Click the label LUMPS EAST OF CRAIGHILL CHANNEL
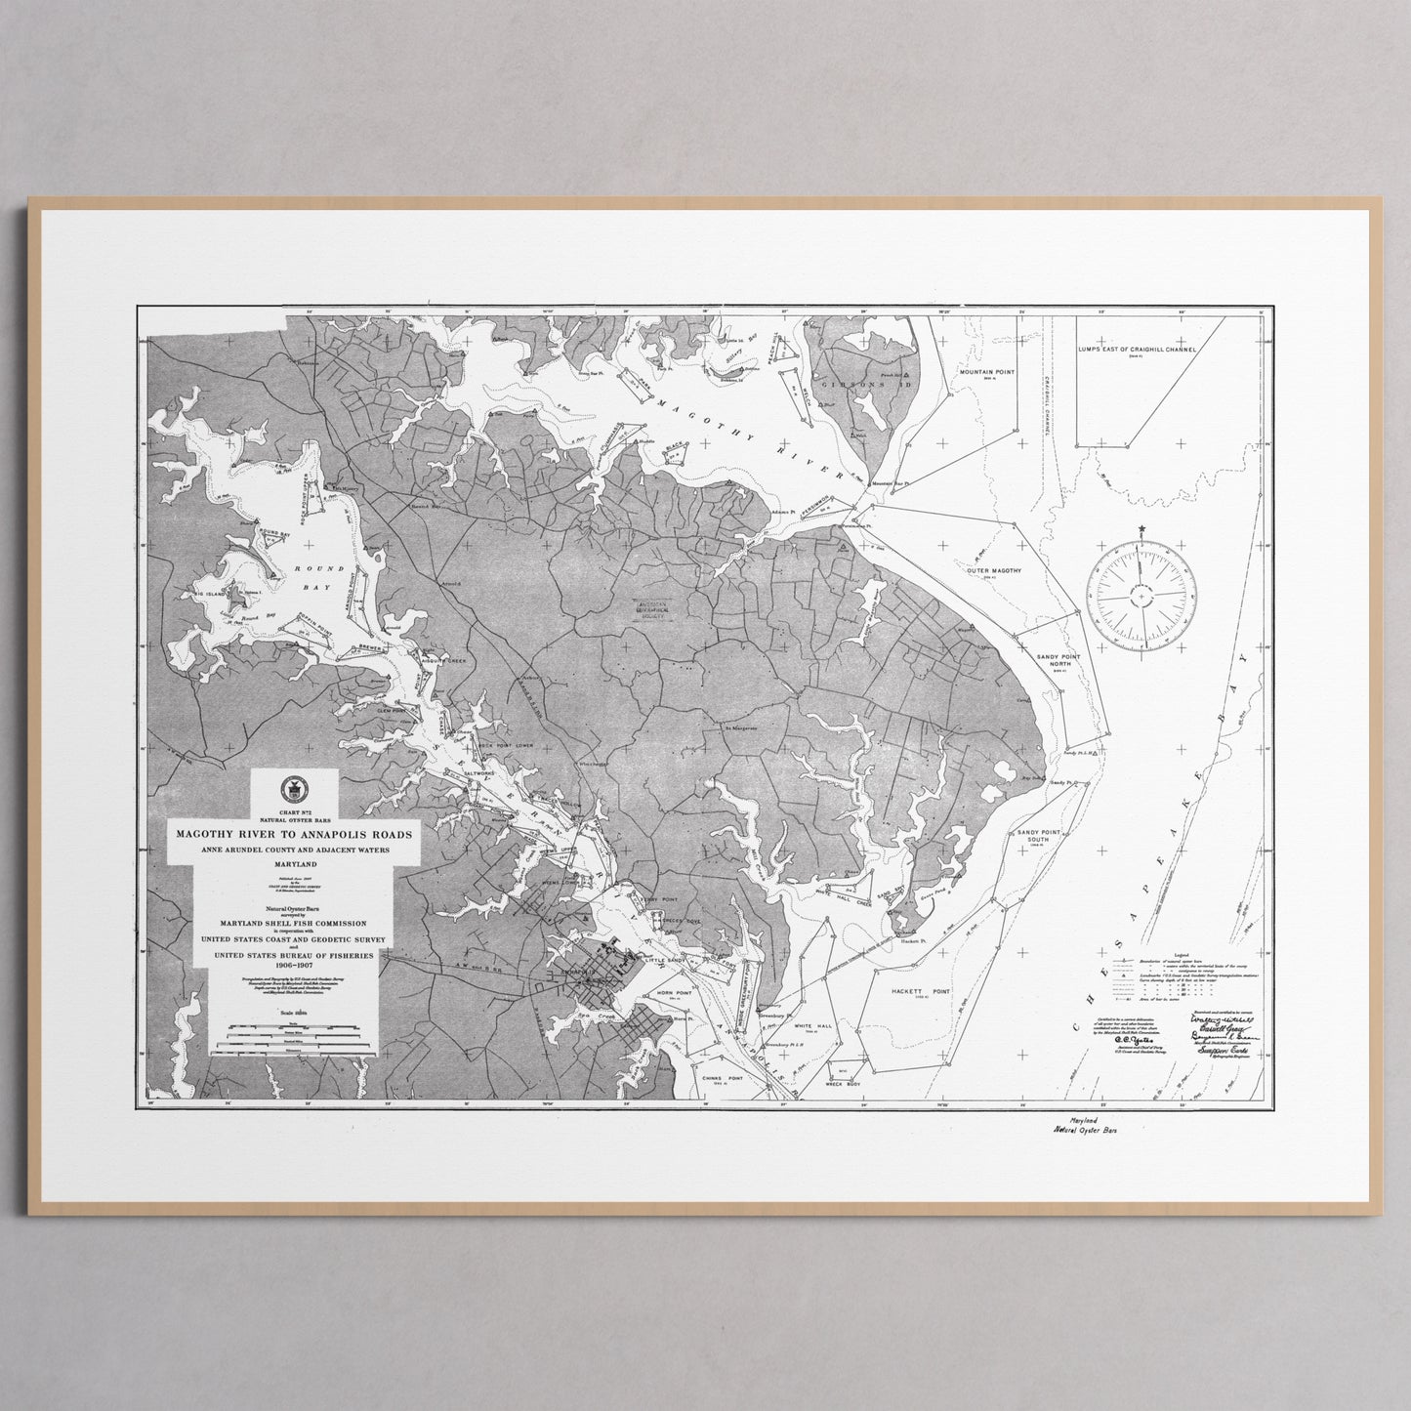1137,349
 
